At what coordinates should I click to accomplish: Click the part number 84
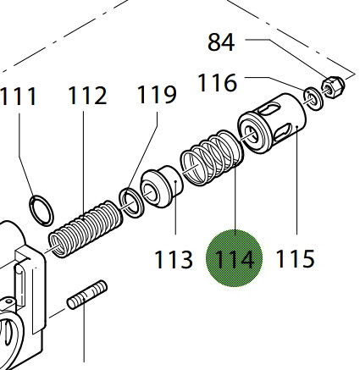[x=221, y=42]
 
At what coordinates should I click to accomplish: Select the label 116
[x=217, y=83]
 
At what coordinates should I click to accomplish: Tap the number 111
[x=19, y=97]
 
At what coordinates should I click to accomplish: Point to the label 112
[x=87, y=96]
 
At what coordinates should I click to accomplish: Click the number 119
[x=157, y=95]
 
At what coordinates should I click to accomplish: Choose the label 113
[x=174, y=259]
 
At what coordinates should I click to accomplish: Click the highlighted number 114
[x=235, y=259]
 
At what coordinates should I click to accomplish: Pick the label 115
[x=295, y=259]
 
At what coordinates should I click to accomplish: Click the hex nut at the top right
[x=333, y=87]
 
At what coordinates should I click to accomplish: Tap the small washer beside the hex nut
[x=313, y=98]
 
